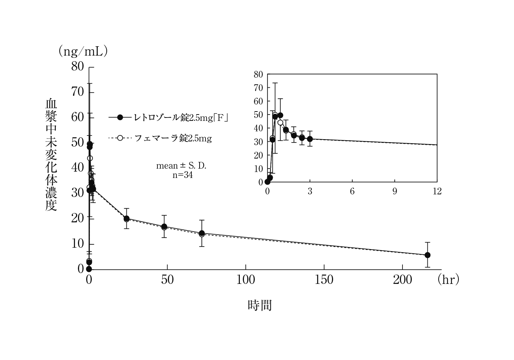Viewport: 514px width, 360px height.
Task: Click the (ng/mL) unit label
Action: (x=83, y=51)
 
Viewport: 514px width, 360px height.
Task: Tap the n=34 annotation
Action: (x=182, y=175)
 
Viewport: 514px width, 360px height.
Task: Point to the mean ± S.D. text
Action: (x=181, y=165)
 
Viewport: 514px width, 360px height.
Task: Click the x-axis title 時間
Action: (x=260, y=306)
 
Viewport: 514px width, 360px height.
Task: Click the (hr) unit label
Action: (x=448, y=279)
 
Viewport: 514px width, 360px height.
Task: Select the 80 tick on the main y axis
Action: (x=78, y=66)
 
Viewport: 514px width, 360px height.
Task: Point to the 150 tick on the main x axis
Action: (x=324, y=280)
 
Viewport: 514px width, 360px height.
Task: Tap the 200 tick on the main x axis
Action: (x=402, y=280)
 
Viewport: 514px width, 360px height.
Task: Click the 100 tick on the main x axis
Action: (x=245, y=280)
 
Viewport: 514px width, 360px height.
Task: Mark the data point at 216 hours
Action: (x=427, y=255)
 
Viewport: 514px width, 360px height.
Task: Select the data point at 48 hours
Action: (x=164, y=226)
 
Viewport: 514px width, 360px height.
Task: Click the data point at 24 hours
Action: (x=126, y=219)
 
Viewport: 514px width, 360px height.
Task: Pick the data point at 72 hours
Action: (x=202, y=233)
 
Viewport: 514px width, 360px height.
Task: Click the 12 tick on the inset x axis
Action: (x=437, y=192)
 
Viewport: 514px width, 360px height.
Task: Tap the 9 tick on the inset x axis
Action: (x=395, y=192)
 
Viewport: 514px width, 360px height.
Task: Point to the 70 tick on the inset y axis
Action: (x=258, y=88)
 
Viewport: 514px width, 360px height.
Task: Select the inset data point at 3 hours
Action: (x=310, y=139)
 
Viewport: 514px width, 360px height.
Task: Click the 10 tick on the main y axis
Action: (x=78, y=244)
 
